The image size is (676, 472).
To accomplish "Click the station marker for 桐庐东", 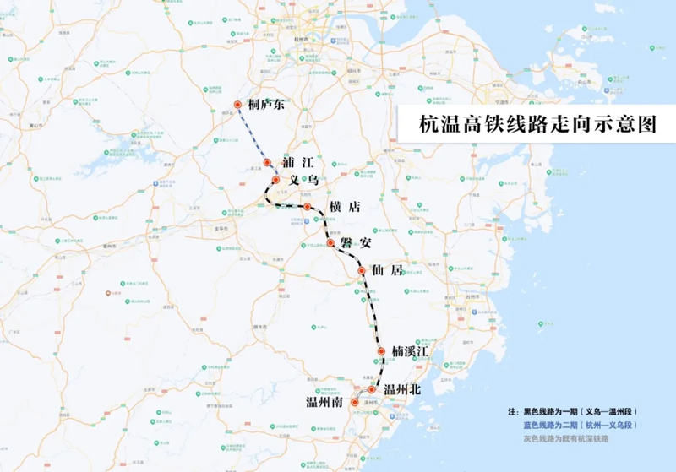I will coord(238,105).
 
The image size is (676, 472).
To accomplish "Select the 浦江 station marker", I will coord(267,162).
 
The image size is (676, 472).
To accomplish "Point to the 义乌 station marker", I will coord(275,180).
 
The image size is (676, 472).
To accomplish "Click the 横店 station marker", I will coord(308,207).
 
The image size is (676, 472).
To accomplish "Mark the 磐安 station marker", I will coord(330,243).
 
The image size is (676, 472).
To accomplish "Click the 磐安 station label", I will coord(356,243).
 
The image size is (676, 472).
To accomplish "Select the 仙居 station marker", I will coord(361,271).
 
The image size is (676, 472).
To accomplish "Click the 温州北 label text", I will coord(402,390).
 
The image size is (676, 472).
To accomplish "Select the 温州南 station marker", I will coord(354,404).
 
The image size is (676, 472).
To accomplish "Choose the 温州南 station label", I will coord(324,404).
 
